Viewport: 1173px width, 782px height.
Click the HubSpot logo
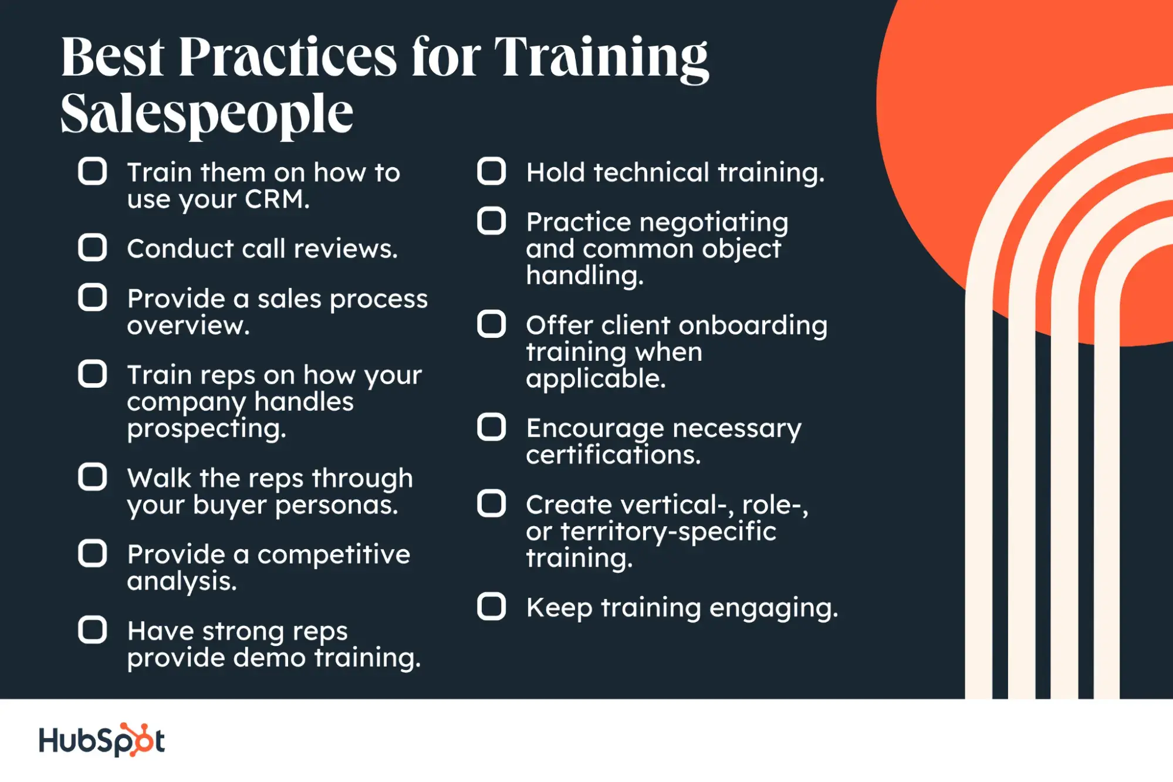pyautogui.click(x=102, y=740)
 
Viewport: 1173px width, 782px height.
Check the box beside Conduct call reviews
pyautogui.click(x=93, y=248)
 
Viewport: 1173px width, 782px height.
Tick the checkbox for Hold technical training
pyautogui.click(x=492, y=171)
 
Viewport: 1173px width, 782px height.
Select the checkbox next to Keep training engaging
pyautogui.click(x=492, y=607)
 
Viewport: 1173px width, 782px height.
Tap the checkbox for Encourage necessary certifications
pyautogui.click(x=492, y=427)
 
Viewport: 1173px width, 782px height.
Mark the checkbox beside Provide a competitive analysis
pyautogui.click(x=93, y=553)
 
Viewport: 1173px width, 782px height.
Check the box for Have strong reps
pyautogui.click(x=93, y=630)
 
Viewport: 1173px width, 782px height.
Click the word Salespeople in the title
pyautogui.click(x=207, y=114)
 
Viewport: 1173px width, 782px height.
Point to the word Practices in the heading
pyautogui.click(x=288, y=57)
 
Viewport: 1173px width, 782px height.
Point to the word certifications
pyautogui.click(x=613, y=455)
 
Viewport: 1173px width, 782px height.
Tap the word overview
pyautogui.click(x=188, y=326)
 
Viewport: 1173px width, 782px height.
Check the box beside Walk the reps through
pyautogui.click(x=93, y=477)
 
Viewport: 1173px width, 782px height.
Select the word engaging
pyautogui.click(x=773, y=608)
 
